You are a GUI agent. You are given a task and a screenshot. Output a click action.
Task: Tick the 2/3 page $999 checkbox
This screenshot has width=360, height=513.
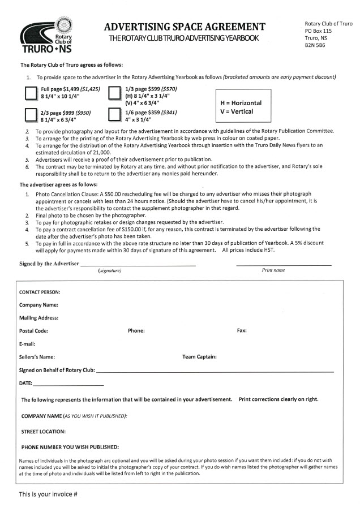[31, 116]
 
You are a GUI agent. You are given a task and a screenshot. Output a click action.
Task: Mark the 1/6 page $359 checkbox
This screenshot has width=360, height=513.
[115, 116]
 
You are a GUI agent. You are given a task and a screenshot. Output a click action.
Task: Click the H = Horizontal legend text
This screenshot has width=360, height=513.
[241, 104]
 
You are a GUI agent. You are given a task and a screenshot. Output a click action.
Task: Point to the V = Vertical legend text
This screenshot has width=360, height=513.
[237, 111]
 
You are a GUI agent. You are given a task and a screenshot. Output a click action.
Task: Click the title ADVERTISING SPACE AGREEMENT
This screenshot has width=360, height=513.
[185, 27]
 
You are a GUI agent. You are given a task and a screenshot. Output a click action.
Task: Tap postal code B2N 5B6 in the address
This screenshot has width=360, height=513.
[316, 45]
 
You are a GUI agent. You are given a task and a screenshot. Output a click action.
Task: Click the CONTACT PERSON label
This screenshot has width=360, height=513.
[40, 292]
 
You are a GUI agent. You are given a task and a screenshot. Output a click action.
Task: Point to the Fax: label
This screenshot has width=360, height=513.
[242, 331]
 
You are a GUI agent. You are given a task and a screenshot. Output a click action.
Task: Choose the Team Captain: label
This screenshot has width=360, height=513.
[199, 357]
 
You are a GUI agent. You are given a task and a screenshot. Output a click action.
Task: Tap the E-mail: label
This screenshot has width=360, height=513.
[27, 344]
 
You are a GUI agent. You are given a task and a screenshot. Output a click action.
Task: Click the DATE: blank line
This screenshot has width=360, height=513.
[69, 384]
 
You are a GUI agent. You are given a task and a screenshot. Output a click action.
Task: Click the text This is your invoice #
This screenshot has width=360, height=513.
[48, 494]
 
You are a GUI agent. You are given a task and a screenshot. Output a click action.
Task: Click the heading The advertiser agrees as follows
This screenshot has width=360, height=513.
[59, 185]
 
